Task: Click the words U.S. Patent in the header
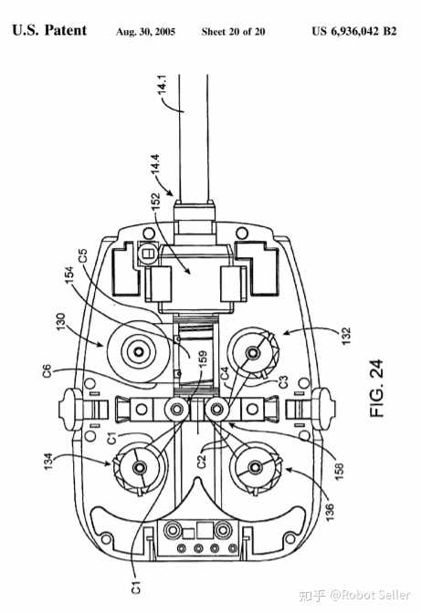click(49, 30)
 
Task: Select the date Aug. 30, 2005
click(145, 32)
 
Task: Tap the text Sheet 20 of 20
click(233, 32)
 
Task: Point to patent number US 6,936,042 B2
click(354, 31)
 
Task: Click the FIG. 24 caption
click(377, 389)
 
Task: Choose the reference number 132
click(346, 336)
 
